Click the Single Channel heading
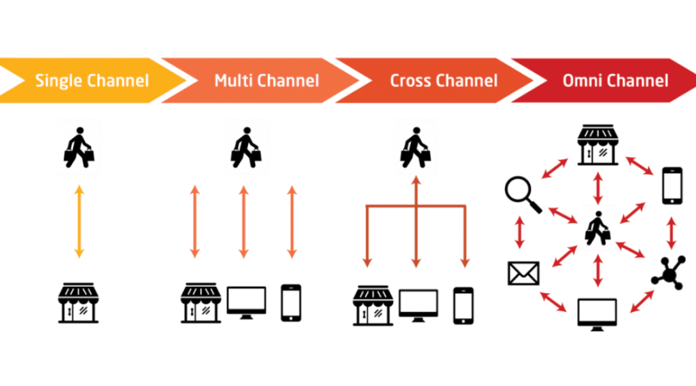[x=92, y=80]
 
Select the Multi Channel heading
[x=266, y=80]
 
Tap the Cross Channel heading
[x=443, y=80]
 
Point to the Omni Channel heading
[x=615, y=80]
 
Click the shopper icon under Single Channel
[x=79, y=146]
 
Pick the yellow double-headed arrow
[x=79, y=221]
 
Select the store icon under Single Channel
[x=79, y=303]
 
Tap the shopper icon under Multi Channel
[x=245, y=146]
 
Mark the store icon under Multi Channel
[x=201, y=303]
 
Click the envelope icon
[x=523, y=273]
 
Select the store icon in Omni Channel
[x=597, y=143]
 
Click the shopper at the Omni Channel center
[x=597, y=228]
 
